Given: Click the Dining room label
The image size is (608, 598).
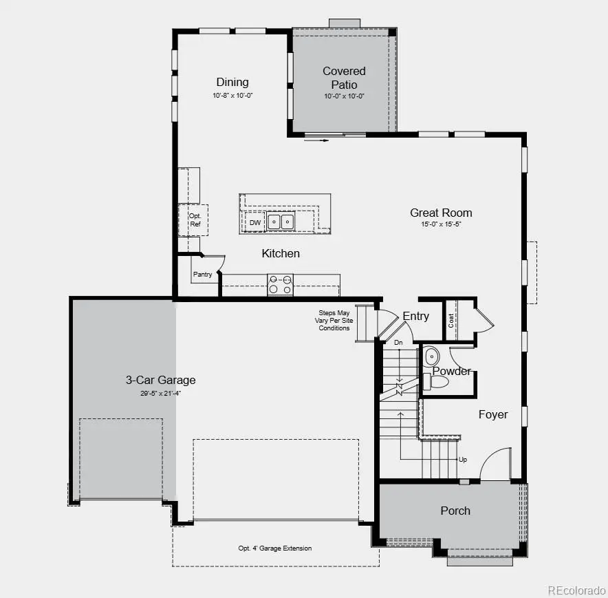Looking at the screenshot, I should (x=232, y=82).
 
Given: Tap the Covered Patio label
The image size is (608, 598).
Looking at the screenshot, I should (x=344, y=77).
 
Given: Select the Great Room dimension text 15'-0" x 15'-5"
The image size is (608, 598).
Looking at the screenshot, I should (x=441, y=225).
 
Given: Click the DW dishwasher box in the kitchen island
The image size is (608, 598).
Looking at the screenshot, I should (x=255, y=222).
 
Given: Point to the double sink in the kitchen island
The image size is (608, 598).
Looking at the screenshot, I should (x=280, y=222).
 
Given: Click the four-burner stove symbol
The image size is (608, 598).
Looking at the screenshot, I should (x=280, y=285).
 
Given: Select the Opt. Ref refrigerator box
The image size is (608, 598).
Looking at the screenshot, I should (x=195, y=220).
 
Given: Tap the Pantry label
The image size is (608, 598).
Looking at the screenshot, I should (x=202, y=275).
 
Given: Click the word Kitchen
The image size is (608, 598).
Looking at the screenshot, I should (x=281, y=253).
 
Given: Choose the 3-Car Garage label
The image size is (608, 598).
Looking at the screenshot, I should (x=160, y=380).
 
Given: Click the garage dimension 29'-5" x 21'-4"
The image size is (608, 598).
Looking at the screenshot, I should (x=160, y=394).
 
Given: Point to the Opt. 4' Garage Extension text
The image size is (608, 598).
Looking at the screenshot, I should (x=275, y=548).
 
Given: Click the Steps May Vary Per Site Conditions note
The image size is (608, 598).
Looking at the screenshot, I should (x=334, y=320).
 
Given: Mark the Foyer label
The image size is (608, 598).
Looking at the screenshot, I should (x=493, y=414).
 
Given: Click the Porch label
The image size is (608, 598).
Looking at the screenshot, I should (x=455, y=511).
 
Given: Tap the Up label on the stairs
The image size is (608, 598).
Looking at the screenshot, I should (x=463, y=459).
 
